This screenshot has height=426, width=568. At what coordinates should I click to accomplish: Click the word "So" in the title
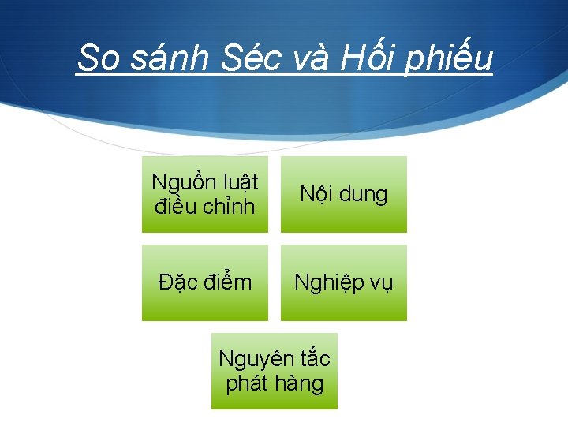(x=96, y=58)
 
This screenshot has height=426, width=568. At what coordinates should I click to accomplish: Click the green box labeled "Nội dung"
(x=344, y=194)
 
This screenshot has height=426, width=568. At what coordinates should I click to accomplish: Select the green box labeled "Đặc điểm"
(x=205, y=282)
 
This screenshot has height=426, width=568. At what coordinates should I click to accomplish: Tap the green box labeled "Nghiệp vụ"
(x=344, y=282)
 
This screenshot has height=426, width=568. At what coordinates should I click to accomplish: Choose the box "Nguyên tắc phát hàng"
(x=275, y=371)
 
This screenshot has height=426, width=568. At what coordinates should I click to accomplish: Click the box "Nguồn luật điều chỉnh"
(x=205, y=194)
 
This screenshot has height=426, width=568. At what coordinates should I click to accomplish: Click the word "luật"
(x=239, y=183)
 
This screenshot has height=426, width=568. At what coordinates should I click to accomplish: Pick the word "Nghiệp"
(x=325, y=283)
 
